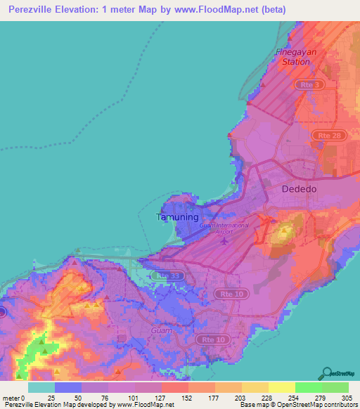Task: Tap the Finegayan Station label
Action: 296,57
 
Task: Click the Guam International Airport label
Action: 224,228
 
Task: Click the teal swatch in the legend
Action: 41,387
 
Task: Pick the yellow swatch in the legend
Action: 282,387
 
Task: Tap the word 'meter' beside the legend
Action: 10,398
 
